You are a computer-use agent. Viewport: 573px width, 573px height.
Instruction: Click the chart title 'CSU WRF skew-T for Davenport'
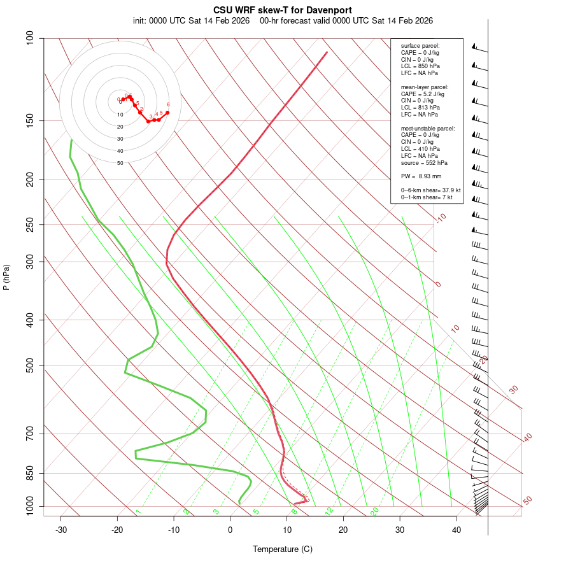pyautogui.click(x=283, y=10)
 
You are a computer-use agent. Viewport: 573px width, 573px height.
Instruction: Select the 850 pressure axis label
pyautogui.click(x=31, y=473)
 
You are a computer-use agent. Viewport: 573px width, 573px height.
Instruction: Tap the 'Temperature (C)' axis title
pyautogui.click(x=283, y=549)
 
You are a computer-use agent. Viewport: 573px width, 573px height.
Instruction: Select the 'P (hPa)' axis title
pyautogui.click(x=6, y=277)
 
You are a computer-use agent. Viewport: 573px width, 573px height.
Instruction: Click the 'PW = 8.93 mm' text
pyautogui.click(x=421, y=176)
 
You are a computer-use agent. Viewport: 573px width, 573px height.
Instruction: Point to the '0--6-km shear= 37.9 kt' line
pyautogui.click(x=430, y=190)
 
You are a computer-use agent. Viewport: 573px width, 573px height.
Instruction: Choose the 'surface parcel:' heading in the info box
pyautogui.click(x=420, y=46)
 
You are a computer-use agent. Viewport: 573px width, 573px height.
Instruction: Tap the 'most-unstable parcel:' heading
pyautogui.click(x=428, y=129)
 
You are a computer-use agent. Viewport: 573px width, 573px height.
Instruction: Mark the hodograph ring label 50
pyautogui.click(x=120, y=163)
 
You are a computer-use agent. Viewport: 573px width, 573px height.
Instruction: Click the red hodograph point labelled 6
pyautogui.click(x=167, y=112)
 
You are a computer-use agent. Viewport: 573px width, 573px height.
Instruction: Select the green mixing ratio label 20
pyautogui.click(x=374, y=511)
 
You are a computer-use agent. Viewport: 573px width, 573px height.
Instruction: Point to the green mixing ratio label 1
pyautogui.click(x=138, y=512)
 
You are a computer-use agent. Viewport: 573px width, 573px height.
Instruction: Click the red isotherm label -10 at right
pyautogui.click(x=441, y=218)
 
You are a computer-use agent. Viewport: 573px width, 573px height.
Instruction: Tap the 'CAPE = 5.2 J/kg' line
pyautogui.click(x=423, y=94)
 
